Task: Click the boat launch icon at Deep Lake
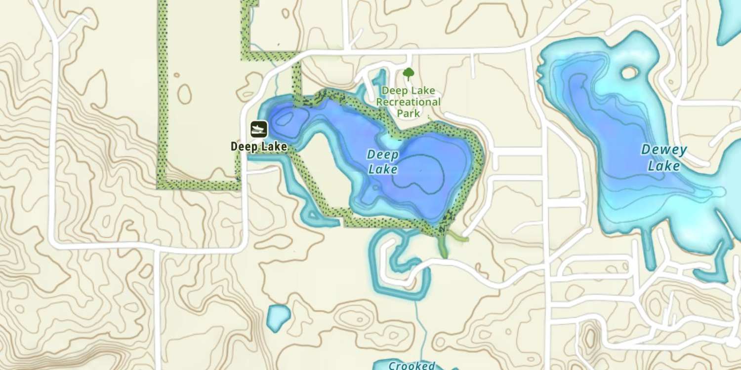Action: [258, 129]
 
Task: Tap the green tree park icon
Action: [408, 74]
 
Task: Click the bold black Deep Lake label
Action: [258, 147]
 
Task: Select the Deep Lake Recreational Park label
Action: [408, 102]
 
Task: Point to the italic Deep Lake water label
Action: [383, 162]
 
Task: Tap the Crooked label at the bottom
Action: [411, 366]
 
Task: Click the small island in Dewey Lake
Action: [629, 73]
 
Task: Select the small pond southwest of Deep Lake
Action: [278, 317]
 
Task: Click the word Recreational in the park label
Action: [408, 102]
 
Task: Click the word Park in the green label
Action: [409, 113]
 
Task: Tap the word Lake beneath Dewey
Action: [663, 166]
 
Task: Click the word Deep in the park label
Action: [394, 91]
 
